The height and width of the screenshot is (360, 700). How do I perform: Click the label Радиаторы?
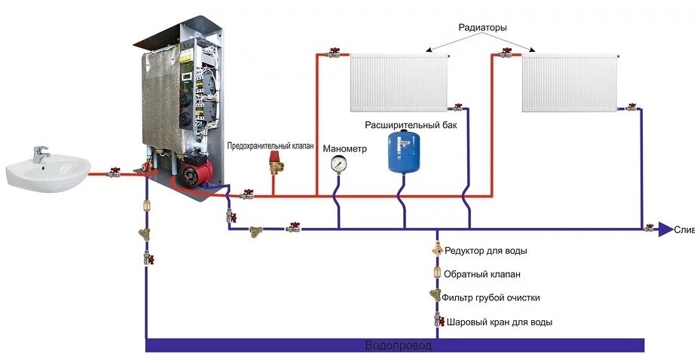[x=482, y=28]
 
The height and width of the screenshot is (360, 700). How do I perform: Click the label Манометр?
[x=344, y=148]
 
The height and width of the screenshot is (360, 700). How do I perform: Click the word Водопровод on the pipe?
[x=398, y=346]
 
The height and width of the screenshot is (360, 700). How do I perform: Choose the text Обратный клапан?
[x=482, y=274]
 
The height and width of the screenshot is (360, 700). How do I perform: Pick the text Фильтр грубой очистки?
[x=491, y=298]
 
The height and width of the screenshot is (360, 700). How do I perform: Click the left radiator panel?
[x=398, y=83]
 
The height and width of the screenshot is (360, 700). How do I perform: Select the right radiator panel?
[x=570, y=84]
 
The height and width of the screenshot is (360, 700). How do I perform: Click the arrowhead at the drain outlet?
[x=665, y=229]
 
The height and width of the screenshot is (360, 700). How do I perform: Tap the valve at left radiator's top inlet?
[x=333, y=53]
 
